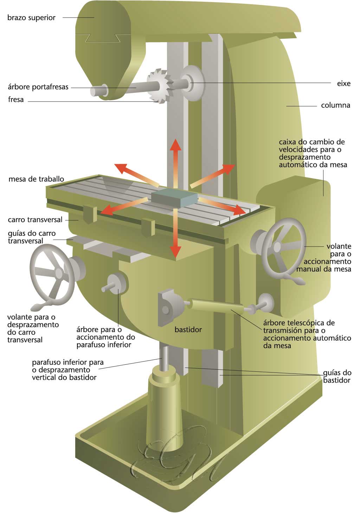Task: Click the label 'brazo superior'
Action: [x=31, y=18]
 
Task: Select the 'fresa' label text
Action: [x=16, y=99]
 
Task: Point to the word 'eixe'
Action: [x=343, y=84]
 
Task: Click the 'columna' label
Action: [x=335, y=105]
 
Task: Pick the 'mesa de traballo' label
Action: [x=36, y=179]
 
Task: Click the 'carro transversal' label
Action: [x=35, y=220]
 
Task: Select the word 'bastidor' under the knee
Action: [x=188, y=330]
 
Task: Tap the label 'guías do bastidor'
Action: [x=337, y=376]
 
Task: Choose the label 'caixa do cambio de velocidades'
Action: [x=312, y=153]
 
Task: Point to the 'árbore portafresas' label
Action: [x=38, y=87]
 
